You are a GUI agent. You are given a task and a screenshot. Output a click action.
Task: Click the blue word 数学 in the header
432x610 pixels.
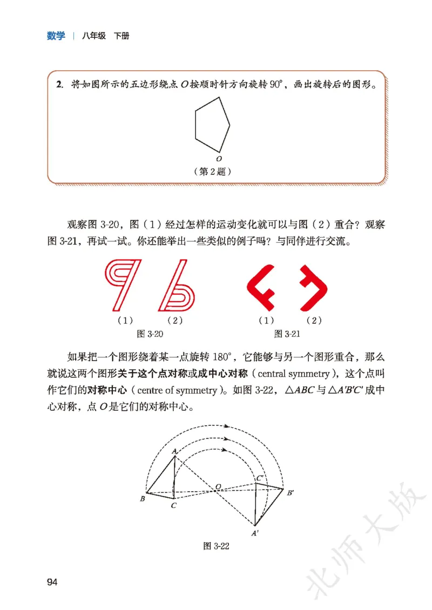pos(56,36)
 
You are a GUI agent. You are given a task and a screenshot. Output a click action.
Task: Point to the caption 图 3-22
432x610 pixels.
pos(217,546)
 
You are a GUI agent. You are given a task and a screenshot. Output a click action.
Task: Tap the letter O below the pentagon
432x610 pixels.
pos(219,159)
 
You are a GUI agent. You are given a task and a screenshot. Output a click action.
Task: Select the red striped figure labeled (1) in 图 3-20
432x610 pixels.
pos(124,285)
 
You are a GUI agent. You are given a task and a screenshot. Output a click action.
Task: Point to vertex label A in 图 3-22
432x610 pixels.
pos(174,451)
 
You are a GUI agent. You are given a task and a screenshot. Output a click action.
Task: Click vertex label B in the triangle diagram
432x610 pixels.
pos(142,499)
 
